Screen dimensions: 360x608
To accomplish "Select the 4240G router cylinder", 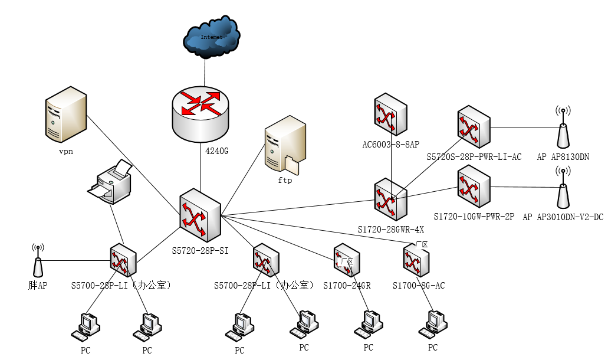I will [201, 114].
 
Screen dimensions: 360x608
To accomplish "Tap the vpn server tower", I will [65, 115].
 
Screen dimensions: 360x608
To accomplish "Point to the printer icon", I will [110, 181].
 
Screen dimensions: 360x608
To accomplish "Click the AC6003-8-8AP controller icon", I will [390, 114].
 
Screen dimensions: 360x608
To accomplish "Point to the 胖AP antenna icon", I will [38, 261].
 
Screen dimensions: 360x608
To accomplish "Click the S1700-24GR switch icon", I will [347, 260].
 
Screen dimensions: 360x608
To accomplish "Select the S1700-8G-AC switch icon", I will [416, 260].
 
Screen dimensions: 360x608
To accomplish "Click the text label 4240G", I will [216, 151].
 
